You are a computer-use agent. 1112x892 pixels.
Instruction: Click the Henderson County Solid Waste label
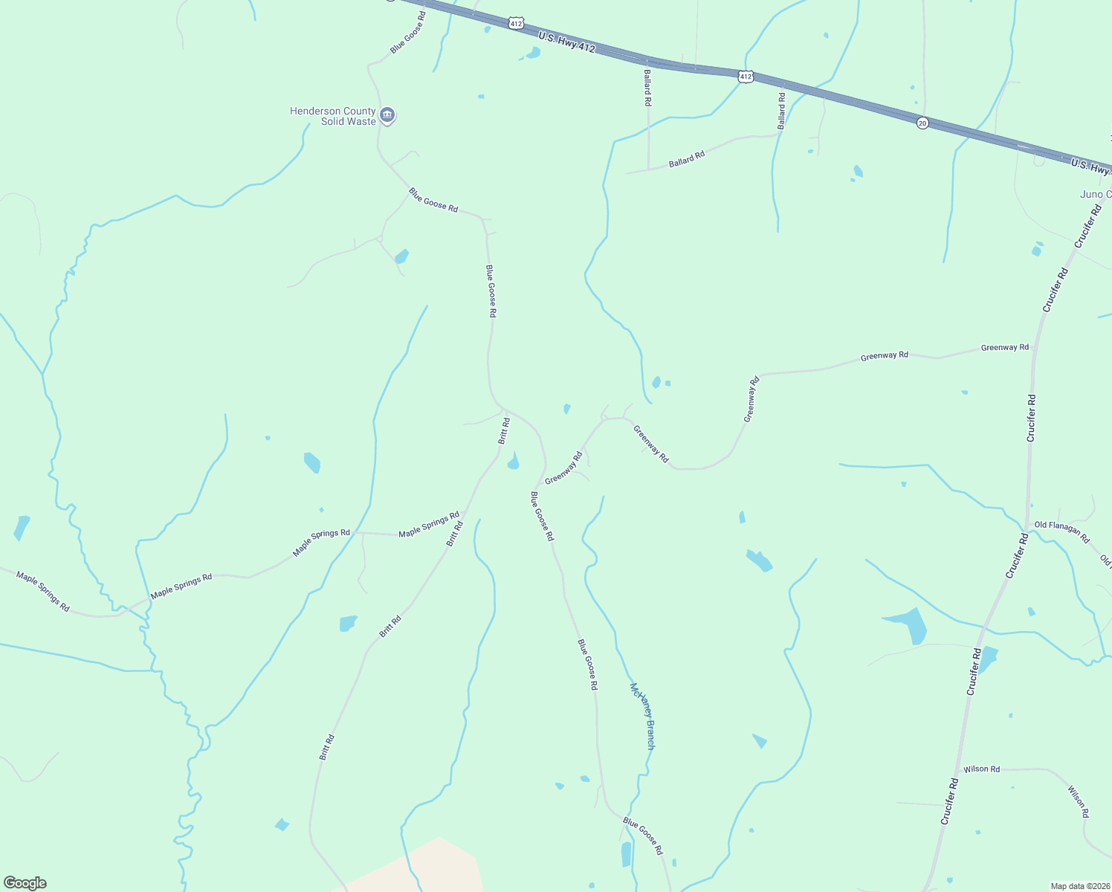[332, 117]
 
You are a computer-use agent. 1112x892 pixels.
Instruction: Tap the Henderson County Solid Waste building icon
[387, 115]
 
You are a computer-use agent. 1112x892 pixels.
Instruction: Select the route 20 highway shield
[922, 123]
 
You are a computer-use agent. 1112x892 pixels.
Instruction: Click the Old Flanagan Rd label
[1061, 531]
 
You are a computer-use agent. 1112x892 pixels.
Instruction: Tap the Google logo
[25, 882]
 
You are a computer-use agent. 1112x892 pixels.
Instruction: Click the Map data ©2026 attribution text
[1079, 886]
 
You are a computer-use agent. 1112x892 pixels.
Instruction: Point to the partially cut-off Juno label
[1095, 195]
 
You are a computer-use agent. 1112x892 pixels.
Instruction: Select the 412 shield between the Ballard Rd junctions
[746, 76]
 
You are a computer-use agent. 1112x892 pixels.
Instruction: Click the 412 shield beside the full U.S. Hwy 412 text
[516, 24]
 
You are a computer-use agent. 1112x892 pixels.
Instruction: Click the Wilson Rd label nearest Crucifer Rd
[981, 769]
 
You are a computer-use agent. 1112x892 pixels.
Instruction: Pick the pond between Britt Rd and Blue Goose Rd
[513, 463]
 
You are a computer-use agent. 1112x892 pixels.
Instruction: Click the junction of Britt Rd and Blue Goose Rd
[506, 410]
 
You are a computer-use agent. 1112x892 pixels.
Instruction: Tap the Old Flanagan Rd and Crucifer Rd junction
[1027, 526]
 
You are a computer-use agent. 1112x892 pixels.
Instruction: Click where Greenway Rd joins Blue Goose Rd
[537, 487]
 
